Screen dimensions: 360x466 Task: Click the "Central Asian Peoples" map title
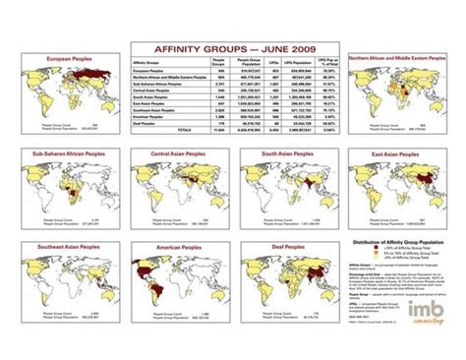(x=177, y=154)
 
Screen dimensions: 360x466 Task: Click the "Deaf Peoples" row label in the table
(x=145, y=123)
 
